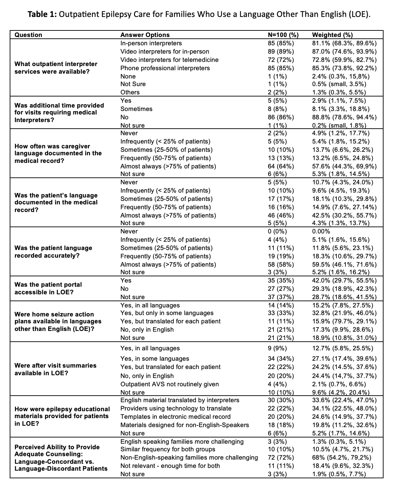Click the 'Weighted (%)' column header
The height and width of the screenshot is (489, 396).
pos(332,35)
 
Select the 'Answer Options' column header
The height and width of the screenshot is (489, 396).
pos(145,35)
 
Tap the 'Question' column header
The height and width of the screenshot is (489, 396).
pos(28,35)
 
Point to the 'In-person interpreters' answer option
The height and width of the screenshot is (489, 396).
pos(151,43)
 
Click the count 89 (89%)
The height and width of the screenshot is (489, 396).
pos(281,52)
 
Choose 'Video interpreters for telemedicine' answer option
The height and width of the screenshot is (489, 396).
pos(169,60)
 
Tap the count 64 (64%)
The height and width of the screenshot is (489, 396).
pos(281,166)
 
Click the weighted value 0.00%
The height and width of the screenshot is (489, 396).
pos(321,231)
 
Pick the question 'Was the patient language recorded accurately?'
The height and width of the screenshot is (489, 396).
pos(53,252)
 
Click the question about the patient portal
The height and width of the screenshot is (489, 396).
pos(48,288)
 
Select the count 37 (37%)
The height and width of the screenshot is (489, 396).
pos(281,297)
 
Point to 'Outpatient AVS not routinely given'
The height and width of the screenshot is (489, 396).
pos(169,384)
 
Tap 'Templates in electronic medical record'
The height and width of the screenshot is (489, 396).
pos(175,417)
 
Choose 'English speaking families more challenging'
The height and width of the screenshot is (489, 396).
pos(182,442)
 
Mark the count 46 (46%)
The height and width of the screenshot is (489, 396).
pos(281,215)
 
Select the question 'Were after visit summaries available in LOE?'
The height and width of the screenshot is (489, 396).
pos(55,369)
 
